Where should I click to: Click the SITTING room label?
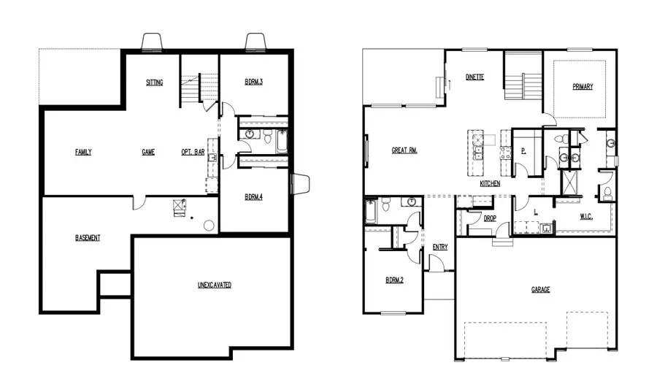(x=154, y=83)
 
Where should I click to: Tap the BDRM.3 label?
(x=253, y=83)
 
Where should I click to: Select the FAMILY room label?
(x=83, y=153)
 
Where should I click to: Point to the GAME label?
(x=148, y=153)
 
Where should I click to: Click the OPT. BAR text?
(x=193, y=153)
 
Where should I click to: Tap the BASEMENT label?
(x=88, y=238)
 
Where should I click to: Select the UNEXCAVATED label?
(x=215, y=285)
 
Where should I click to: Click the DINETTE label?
(x=475, y=77)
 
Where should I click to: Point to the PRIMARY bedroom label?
(x=583, y=87)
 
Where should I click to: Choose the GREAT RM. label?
(x=404, y=150)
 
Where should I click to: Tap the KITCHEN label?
(x=490, y=184)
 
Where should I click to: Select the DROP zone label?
(x=491, y=218)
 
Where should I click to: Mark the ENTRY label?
(x=440, y=247)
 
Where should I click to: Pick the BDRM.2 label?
(x=395, y=280)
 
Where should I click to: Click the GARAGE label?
(x=541, y=290)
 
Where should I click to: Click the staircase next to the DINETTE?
(x=522, y=77)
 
